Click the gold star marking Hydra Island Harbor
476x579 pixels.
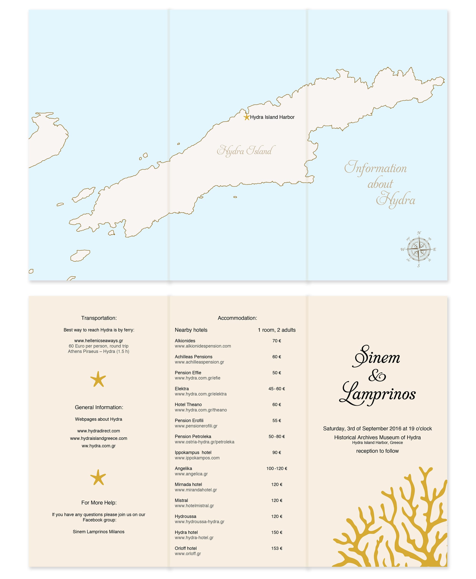point(247,117)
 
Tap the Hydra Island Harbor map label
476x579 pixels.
point(272,117)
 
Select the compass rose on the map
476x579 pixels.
point(418,249)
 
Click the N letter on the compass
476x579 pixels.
point(419,233)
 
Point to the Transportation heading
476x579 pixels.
point(99,318)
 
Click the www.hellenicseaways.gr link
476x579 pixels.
point(99,341)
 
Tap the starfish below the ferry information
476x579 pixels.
point(98,379)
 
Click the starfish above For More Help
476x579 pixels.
point(98,477)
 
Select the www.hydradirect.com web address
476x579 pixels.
point(99,431)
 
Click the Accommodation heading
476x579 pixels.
point(237,318)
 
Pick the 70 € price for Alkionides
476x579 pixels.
point(276,341)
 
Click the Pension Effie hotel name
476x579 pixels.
point(188,373)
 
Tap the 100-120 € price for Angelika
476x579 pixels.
point(276,468)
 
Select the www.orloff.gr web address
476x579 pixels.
point(188,554)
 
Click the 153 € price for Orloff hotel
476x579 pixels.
point(276,548)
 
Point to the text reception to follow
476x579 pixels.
point(377,451)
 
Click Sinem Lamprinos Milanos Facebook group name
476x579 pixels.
point(99,532)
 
